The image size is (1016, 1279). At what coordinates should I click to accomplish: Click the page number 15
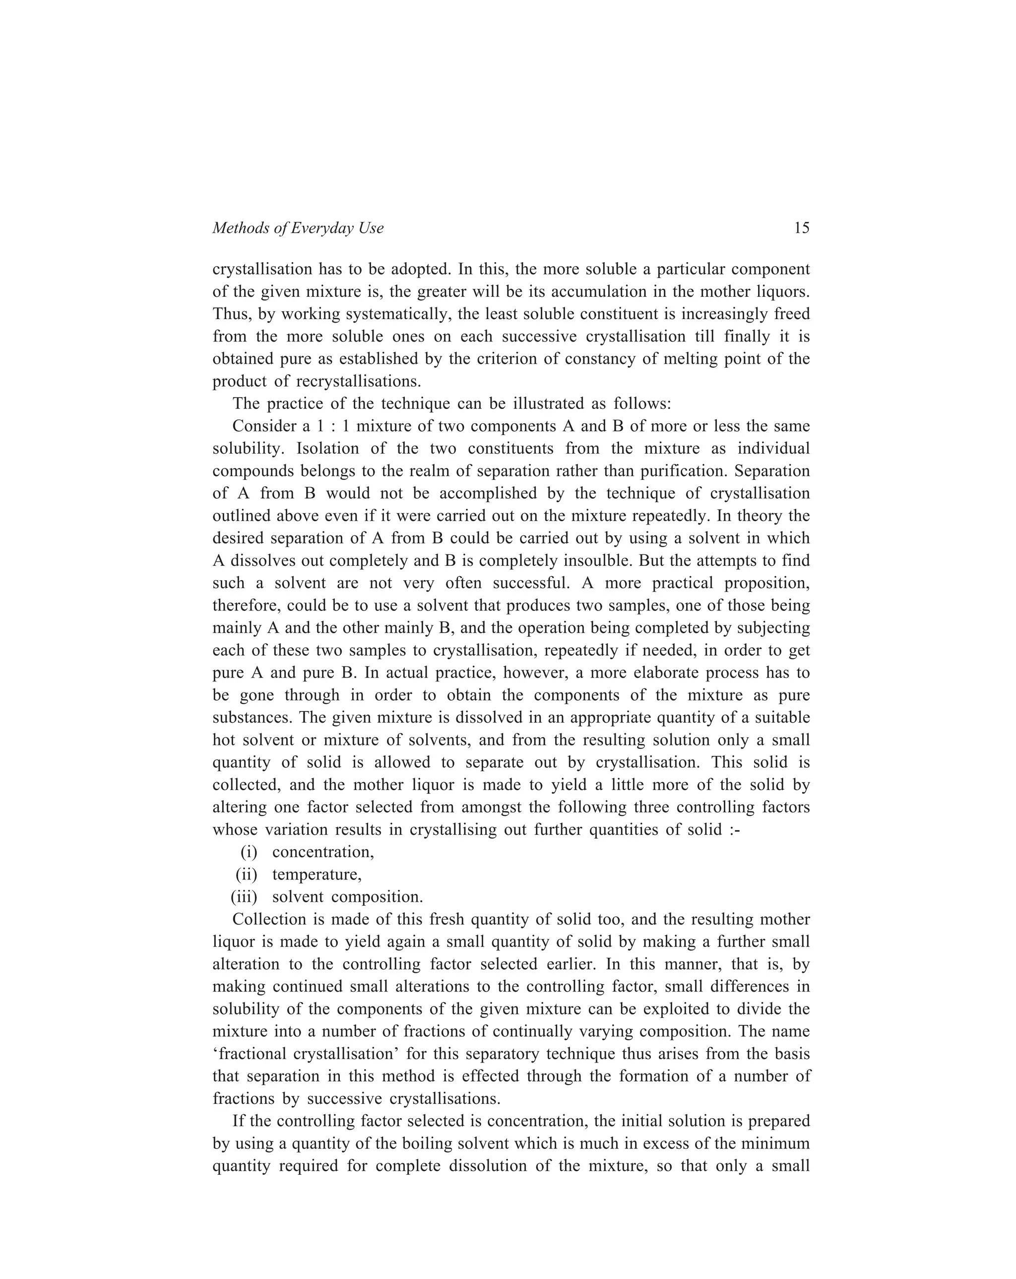(801, 228)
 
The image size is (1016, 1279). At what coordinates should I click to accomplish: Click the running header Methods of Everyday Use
(298, 228)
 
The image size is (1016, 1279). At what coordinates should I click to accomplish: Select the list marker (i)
(249, 852)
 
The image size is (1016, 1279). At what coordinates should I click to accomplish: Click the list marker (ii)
(246, 875)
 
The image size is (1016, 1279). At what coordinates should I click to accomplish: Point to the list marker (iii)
(244, 897)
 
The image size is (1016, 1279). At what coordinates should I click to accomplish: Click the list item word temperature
(316, 875)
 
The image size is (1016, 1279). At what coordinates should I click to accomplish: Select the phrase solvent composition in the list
(347, 897)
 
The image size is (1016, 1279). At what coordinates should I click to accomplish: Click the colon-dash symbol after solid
(734, 829)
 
